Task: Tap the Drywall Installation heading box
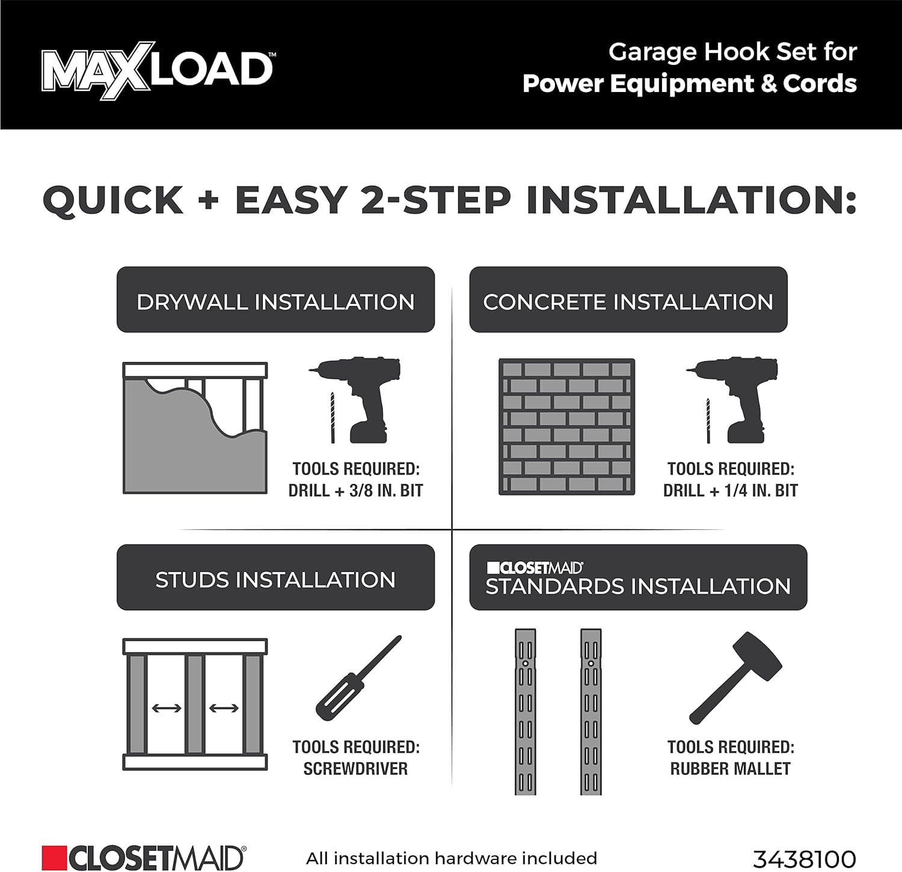275,300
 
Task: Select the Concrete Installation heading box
628,300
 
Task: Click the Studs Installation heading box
275,578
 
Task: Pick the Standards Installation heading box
637,578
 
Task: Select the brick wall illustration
566,427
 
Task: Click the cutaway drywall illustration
195,428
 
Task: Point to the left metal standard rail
525,712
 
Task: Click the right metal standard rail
591,712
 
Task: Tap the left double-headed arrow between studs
167,708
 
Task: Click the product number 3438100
804,858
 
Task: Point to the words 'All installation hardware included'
452,858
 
